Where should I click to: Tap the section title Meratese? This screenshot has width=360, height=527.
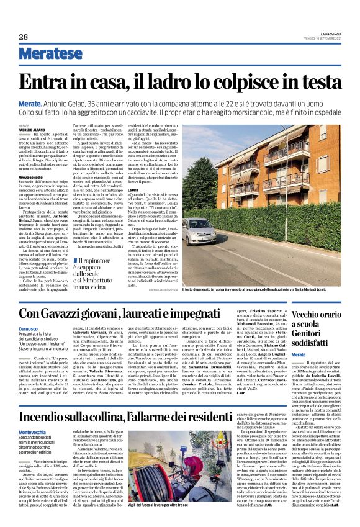point(50,56)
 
